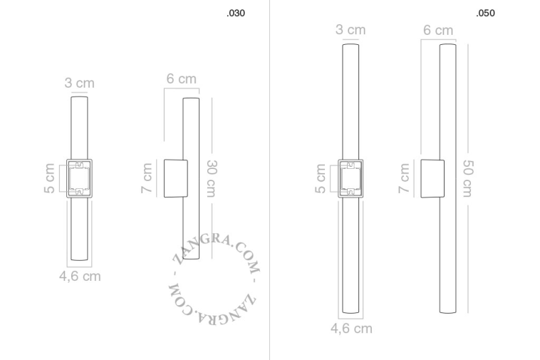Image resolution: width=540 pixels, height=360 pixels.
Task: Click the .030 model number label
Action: pos(235,14)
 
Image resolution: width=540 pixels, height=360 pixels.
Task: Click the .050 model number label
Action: pos(485,14)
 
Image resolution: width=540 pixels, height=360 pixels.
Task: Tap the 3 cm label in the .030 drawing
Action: pos(79,83)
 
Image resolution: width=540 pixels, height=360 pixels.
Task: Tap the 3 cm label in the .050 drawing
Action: pos(351,29)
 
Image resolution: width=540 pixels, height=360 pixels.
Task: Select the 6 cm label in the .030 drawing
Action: pos(182,78)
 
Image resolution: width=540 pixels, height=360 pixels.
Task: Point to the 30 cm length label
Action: pos(212,178)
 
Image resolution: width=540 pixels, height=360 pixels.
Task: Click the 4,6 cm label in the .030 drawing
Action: pos(80,276)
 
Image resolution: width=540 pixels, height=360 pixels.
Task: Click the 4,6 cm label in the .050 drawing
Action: pos(351,329)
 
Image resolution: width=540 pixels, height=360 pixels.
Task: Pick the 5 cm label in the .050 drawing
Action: pos(321,178)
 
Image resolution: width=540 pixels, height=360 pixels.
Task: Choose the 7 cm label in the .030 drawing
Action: pos(147,178)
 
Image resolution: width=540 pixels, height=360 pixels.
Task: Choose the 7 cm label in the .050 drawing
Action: pos(404,178)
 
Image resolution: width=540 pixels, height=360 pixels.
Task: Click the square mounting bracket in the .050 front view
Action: pos(351,178)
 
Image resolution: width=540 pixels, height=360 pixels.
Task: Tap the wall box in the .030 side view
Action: pos(176,178)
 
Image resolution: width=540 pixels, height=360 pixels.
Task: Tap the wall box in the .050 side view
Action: pos(432,178)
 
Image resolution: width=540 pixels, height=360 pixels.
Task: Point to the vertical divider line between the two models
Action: pos(269,178)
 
